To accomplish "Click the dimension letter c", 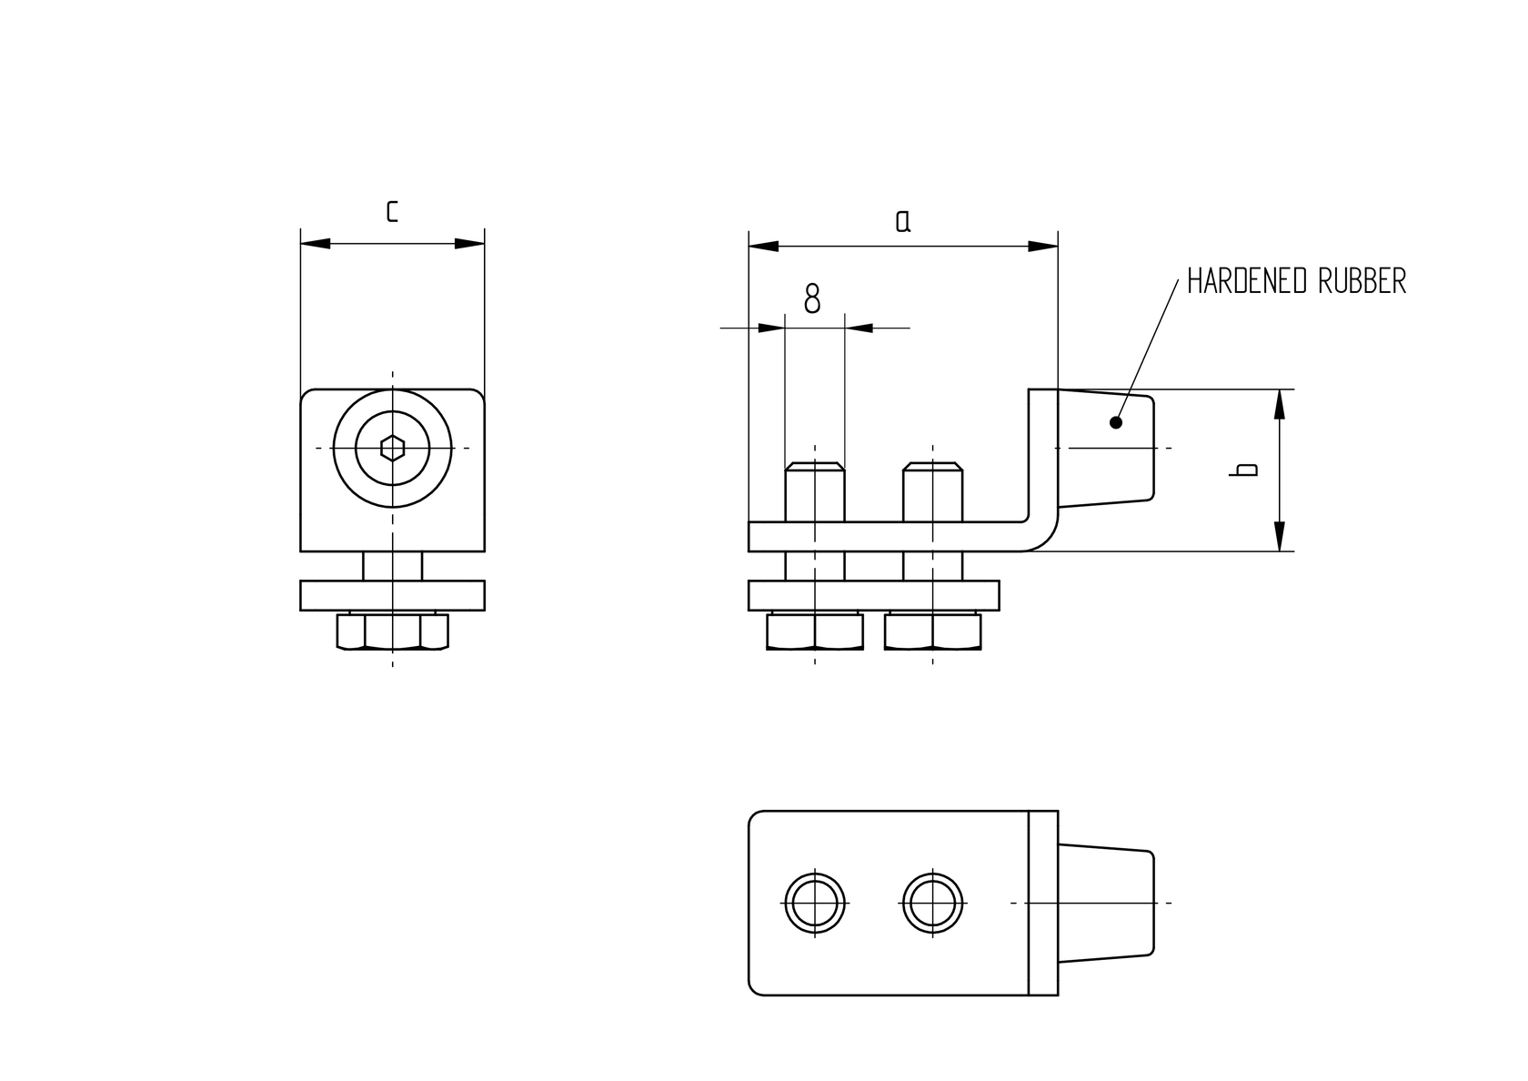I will click(x=392, y=211).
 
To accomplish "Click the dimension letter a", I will click(x=902, y=221).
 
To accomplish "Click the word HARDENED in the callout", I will click(x=1243, y=281).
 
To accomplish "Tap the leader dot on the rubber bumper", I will click(x=1116, y=422).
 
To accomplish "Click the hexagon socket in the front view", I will click(x=392, y=448).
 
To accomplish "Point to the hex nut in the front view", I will click(x=392, y=631).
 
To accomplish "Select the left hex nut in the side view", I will click(x=815, y=631).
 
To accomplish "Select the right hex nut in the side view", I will click(x=933, y=631).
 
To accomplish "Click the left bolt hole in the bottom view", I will click(x=815, y=903).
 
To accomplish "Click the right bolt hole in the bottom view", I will click(x=933, y=903).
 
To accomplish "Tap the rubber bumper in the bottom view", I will click(x=1106, y=903).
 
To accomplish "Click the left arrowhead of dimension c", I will click(x=315, y=244).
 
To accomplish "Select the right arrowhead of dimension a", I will click(x=1043, y=247).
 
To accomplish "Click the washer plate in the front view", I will click(x=392, y=595).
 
